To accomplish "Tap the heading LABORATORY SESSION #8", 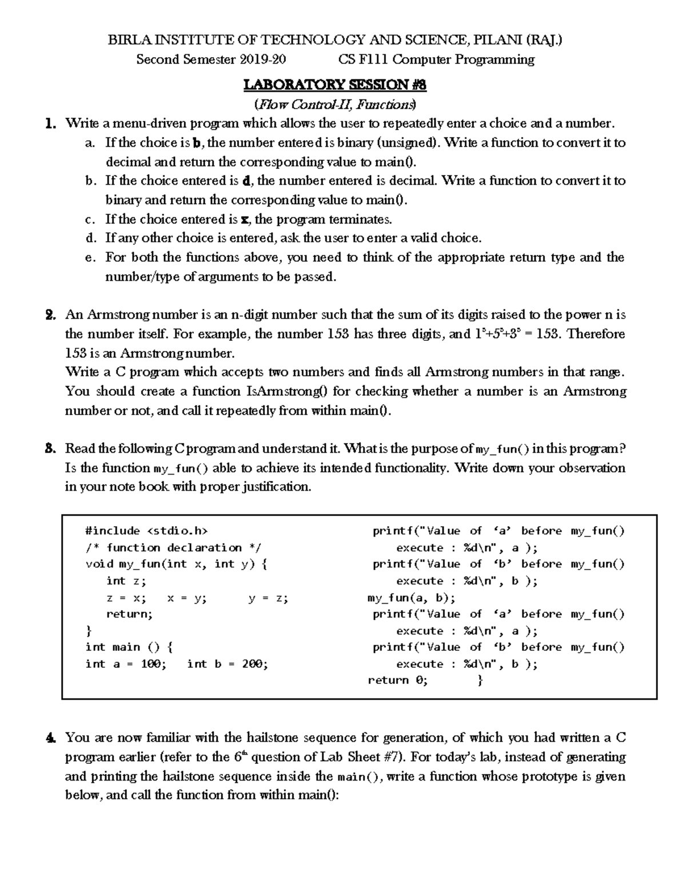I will [x=335, y=85].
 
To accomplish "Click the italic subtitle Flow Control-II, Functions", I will [x=336, y=104].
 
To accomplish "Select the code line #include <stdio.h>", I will [x=146, y=531].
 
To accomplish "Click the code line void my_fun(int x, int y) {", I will [x=176, y=564].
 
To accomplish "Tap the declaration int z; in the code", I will [x=126, y=581].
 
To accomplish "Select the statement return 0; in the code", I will [x=397, y=680].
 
